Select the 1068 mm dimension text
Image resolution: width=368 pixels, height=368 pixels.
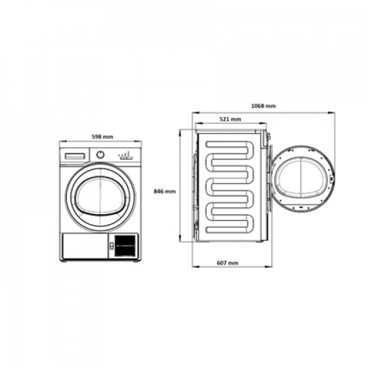(264, 106)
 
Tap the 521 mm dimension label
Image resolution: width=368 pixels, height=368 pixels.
(230, 119)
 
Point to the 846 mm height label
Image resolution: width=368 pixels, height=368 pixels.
(165, 191)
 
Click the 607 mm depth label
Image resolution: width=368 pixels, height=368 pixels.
(228, 263)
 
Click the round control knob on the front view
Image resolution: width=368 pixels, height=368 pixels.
(101, 155)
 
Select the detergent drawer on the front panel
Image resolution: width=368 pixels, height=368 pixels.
(75, 155)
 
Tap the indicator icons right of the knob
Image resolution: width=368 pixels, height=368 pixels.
(126, 156)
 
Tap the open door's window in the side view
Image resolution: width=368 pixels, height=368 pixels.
(303, 182)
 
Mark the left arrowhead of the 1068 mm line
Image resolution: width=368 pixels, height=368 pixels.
(193, 112)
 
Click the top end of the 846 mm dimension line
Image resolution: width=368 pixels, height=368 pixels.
(182, 130)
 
